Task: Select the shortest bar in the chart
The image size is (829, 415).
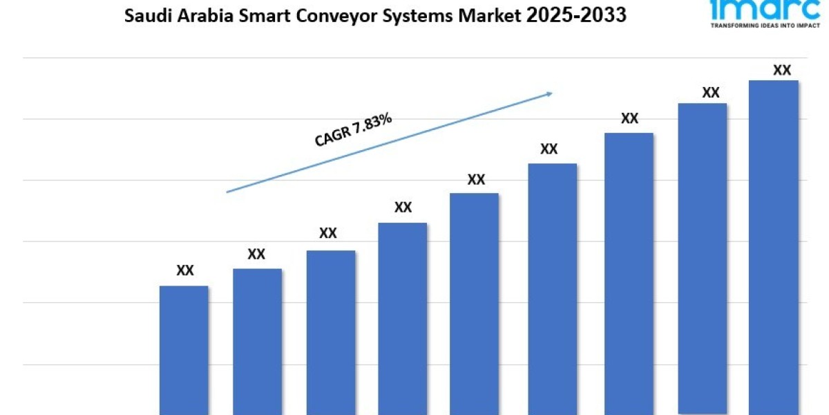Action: (184, 350)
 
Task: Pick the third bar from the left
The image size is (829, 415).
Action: (331, 332)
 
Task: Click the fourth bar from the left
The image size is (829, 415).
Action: (403, 318)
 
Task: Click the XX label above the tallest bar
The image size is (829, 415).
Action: (781, 70)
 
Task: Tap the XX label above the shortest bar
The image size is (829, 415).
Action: (185, 270)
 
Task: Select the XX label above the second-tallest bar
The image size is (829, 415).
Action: (711, 93)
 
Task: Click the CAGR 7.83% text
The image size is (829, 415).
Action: (353, 131)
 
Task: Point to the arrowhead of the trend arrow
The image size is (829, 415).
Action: (549, 93)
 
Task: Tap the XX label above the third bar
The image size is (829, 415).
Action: (328, 233)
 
